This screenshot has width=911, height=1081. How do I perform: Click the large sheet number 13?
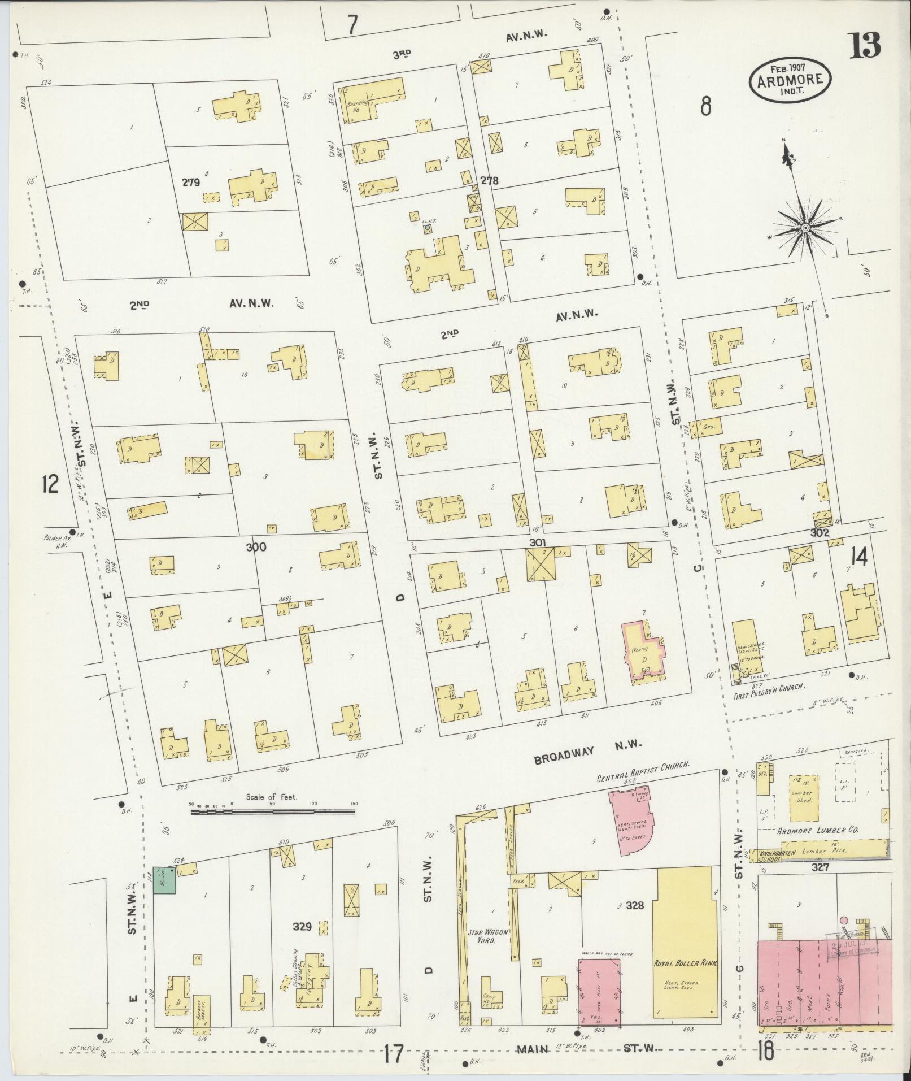(x=864, y=45)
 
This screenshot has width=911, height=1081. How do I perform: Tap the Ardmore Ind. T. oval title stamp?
(x=790, y=79)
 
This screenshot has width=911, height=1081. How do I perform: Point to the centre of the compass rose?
(x=805, y=228)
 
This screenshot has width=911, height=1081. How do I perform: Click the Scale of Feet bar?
(x=273, y=811)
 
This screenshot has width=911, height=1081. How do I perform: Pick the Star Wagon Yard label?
(x=483, y=937)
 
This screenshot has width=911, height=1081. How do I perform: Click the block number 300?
(x=255, y=547)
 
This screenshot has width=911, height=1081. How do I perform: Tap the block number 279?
(x=190, y=183)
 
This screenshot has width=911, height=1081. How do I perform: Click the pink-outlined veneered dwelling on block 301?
(x=642, y=651)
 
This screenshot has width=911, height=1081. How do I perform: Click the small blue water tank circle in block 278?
(x=428, y=228)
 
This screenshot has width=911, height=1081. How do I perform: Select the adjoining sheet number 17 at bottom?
(x=393, y=1054)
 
